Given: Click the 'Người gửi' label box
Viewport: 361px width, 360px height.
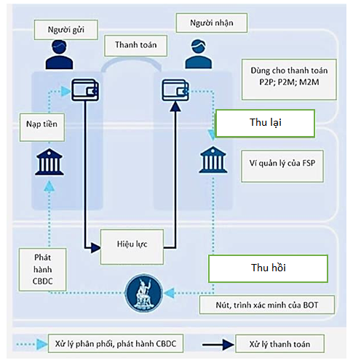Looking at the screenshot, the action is point(66,30).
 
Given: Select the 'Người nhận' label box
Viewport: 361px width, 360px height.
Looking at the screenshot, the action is point(212,23).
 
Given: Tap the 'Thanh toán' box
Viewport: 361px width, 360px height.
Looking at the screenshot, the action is point(135,46).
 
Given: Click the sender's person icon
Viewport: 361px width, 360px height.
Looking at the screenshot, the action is point(59,55).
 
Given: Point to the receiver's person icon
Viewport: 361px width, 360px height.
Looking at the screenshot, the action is point(199,54).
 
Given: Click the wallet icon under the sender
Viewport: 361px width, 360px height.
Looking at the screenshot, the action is point(85,90).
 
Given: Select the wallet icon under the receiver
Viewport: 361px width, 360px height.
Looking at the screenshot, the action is point(175,90).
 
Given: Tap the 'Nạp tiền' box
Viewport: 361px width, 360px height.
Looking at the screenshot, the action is point(42,127).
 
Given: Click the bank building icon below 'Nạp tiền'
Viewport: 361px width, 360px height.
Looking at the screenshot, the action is point(49,161).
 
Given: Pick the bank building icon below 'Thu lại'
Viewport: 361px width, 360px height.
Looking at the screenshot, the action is point(213,160).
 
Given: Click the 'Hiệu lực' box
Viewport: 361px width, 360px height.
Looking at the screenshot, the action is point(132,247).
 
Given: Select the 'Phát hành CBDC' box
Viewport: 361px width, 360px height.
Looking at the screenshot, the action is point(42,269).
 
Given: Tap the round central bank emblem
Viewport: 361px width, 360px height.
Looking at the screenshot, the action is point(144,293).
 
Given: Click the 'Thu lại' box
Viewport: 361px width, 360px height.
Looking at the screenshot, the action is point(265,123).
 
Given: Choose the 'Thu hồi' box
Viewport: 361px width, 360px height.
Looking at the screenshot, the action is point(268,268).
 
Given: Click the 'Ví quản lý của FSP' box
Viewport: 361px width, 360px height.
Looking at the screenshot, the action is point(282,166).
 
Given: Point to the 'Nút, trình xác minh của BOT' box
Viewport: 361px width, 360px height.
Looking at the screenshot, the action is point(267,305).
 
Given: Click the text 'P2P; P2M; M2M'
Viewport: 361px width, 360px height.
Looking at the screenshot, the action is point(289,82).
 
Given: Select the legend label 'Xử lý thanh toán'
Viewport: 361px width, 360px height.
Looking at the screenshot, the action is point(279,344).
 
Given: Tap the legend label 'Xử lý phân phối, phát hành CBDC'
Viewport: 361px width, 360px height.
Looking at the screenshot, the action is point(116,343).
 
